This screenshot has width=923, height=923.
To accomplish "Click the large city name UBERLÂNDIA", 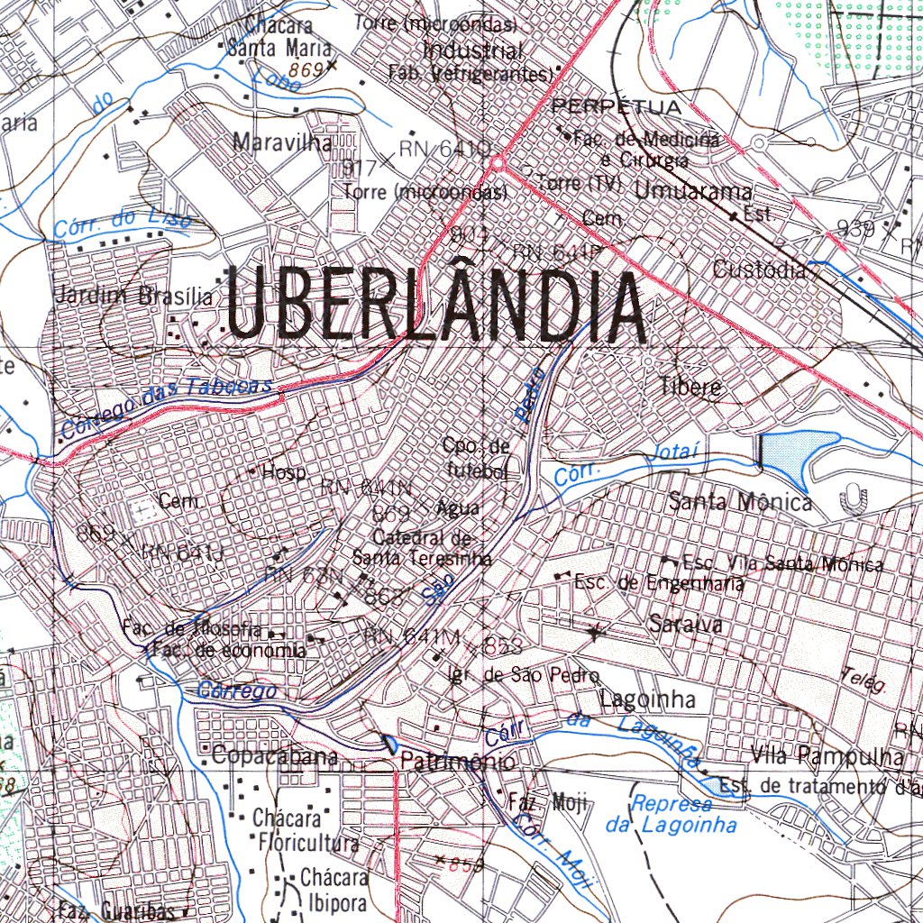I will coord(436,306).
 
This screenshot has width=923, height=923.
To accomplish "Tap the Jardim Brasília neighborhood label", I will coord(134,296).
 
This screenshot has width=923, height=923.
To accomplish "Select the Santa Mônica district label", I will coord(740,503).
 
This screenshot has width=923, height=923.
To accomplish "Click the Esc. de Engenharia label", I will coord(659,584).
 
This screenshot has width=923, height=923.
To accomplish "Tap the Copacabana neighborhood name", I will coord(275,757).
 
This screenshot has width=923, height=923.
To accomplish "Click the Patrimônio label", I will coord(458,763).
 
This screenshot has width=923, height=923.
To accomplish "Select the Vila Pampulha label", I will coord(826,756).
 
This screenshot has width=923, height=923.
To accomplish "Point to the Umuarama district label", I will coord(692,191).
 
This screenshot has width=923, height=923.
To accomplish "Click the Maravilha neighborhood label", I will coord(282,142).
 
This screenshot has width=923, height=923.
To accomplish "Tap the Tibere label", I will coord(690,388).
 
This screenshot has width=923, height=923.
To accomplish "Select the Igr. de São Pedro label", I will coord(511,675).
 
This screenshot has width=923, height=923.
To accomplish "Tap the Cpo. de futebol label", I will coord(476,457).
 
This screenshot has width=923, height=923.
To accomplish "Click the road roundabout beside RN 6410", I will coord(497,163).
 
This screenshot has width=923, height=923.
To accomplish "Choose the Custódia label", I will coord(759,270).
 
